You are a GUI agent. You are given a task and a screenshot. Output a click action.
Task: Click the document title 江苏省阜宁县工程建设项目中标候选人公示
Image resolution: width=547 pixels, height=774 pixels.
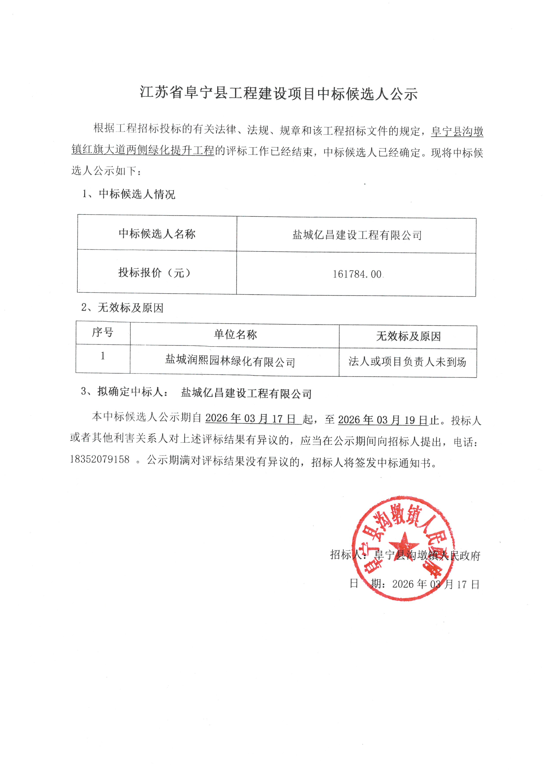(279, 93)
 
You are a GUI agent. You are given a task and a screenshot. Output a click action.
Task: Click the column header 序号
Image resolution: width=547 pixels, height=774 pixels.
(103, 332)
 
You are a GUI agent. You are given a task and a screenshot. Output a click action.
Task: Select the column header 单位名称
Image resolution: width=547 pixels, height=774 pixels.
(235, 334)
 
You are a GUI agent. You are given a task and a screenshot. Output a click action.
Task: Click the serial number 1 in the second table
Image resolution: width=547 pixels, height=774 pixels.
(103, 356)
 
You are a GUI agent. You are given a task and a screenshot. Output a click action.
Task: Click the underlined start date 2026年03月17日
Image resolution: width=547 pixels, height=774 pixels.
(251, 418)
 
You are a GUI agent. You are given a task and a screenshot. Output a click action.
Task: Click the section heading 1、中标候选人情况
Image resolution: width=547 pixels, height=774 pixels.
(128, 194)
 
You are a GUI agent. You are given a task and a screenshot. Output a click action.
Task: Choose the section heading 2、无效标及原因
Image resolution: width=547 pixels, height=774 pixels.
(122, 307)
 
